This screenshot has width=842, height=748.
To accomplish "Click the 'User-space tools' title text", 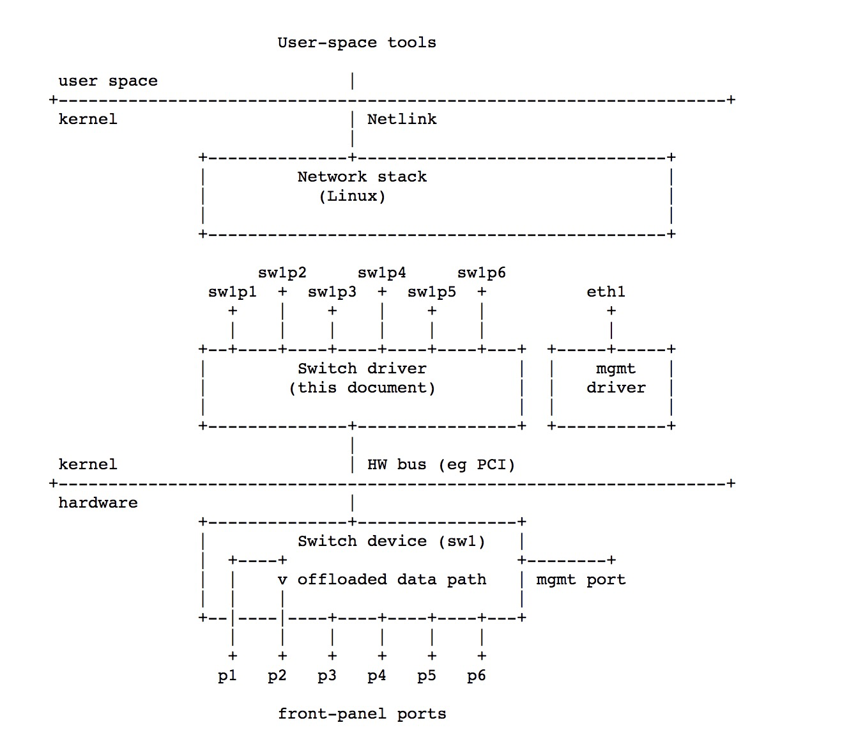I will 356,43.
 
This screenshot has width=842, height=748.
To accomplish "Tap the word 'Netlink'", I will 402,119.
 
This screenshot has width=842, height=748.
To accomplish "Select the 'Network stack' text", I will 362,177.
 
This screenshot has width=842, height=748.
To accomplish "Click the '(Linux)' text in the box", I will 352,196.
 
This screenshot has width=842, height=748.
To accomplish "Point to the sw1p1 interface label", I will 232,292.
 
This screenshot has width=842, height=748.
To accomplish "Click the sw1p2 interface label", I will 282,273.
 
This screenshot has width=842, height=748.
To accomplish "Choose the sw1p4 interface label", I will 381,273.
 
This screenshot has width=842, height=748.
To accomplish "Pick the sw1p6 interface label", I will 481,273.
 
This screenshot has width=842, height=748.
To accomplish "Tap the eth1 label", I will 606,292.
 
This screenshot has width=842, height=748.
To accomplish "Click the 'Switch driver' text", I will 362,369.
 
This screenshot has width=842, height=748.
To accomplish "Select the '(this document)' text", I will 362,388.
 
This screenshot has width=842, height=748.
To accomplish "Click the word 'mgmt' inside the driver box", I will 615,369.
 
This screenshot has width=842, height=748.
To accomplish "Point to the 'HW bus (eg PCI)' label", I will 441,465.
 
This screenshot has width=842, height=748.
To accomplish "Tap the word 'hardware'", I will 98,503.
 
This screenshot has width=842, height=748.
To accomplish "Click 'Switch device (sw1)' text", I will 391,542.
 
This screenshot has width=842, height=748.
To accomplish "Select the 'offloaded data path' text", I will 391,580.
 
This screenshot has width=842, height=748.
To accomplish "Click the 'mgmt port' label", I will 581,580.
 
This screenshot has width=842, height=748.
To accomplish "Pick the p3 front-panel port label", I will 326,676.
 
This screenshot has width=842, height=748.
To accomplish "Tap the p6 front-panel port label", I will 476,676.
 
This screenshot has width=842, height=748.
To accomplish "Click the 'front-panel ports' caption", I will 362,714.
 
